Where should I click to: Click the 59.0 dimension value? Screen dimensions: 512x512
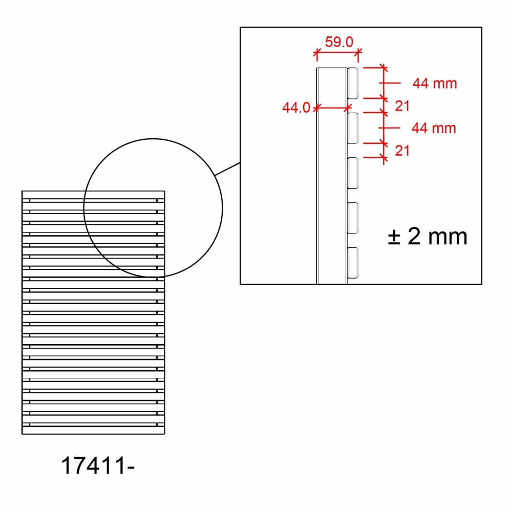[x=339, y=42]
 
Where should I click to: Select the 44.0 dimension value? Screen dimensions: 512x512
[x=296, y=108]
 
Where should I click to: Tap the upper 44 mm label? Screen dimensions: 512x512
[x=435, y=83]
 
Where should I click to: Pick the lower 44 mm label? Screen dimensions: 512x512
[x=434, y=127]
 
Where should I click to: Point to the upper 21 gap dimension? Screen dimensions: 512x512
[x=402, y=106]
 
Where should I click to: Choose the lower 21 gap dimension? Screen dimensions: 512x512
[x=402, y=151]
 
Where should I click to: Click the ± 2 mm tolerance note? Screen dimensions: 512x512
[x=428, y=237]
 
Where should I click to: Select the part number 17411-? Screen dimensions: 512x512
[x=98, y=466]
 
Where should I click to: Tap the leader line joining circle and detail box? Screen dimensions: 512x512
[x=227, y=169]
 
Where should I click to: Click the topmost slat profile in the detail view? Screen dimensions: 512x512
[x=352, y=83]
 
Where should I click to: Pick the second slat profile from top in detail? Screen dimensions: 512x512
[x=352, y=128]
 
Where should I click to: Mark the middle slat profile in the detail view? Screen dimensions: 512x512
[x=352, y=173]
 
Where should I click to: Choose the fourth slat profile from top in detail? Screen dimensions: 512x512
[x=352, y=218]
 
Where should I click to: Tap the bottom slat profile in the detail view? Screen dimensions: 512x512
[x=352, y=263]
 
